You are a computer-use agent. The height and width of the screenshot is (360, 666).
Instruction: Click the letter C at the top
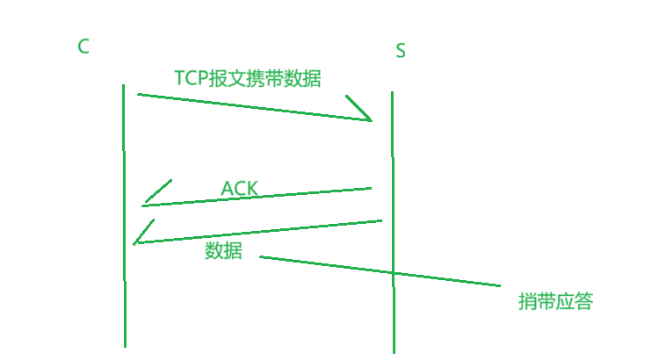click(x=83, y=47)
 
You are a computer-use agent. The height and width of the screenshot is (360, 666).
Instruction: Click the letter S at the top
click(x=401, y=51)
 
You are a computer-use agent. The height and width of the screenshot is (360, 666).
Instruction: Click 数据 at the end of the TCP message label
click(x=303, y=79)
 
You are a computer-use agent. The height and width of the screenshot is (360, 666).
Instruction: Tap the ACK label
click(x=239, y=188)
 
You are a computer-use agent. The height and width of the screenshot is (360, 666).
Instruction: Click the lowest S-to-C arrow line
click(x=264, y=231)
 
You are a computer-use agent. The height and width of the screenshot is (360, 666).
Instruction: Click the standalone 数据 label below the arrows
click(x=223, y=250)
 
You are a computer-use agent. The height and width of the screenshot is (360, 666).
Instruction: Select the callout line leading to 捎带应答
click(x=378, y=271)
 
